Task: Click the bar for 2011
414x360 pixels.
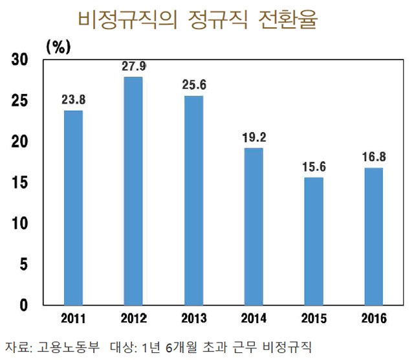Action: [x=73, y=207]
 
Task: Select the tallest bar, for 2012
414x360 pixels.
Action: [x=133, y=191]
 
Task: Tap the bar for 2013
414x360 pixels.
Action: [x=193, y=200]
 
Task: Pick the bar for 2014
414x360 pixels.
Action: [x=254, y=227]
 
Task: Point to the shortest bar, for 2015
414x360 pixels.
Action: [x=314, y=241]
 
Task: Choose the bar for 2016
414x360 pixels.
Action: [x=373, y=236]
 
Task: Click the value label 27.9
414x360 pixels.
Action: [x=133, y=66]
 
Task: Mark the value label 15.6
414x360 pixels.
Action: [x=314, y=166]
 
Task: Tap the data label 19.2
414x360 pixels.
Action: [x=254, y=137]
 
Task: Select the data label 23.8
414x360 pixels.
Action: [x=73, y=100]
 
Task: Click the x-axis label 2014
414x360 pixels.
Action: [x=254, y=319]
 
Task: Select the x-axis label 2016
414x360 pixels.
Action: [x=373, y=319]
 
